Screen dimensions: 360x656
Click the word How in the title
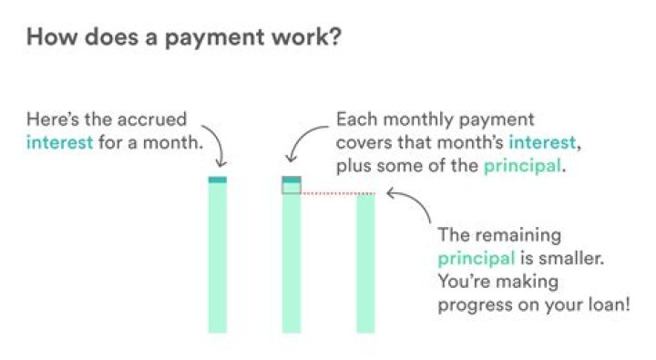pos(47,39)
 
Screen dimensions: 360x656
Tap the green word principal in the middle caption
pos(523,167)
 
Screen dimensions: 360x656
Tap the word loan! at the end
pos(607,304)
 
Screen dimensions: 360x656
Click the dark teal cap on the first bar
pos(217,180)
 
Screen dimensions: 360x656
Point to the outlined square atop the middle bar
pos(292,187)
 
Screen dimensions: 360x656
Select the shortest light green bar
pos(365,264)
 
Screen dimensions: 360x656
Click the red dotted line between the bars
pos(328,193)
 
